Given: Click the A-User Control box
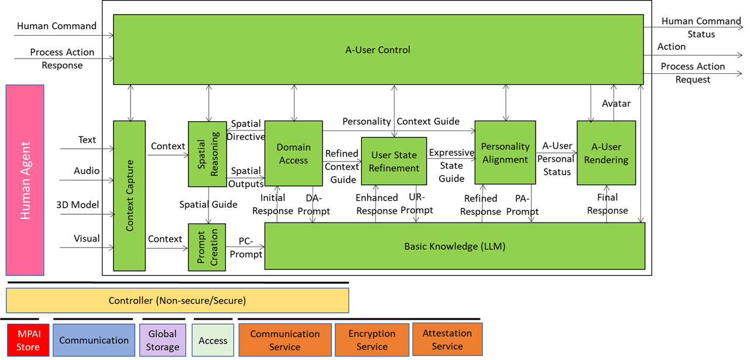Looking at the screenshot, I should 378,50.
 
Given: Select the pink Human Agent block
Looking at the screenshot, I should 25,180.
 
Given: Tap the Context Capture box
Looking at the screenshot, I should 129,196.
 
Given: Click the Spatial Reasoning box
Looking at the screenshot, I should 207,154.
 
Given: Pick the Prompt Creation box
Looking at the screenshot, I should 207,247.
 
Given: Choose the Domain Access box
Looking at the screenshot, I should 293,153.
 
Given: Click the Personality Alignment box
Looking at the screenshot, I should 505,152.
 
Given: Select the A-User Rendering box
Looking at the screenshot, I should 606,152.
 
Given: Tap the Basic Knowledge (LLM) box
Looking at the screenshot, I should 454,246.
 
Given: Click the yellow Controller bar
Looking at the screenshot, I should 177,301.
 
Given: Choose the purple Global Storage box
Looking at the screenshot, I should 162,340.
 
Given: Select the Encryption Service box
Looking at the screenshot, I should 372,340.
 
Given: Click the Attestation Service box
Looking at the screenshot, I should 447,340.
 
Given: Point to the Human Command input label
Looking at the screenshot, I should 57,26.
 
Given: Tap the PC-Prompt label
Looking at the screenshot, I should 246,248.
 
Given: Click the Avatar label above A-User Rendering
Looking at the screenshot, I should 616,104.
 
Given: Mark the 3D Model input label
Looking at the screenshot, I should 77,205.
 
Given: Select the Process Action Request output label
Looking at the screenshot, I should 693,73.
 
